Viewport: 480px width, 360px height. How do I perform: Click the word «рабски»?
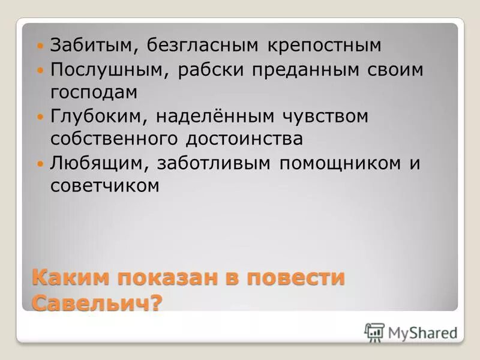tap(212, 70)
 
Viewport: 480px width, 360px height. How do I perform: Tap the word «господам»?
tap(94, 92)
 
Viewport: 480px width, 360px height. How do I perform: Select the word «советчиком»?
tap(105, 185)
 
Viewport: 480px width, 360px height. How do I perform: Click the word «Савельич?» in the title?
tap(97, 301)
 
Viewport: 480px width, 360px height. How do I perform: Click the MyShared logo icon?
tap(374, 332)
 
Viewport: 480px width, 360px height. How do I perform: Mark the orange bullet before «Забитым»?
tap(41, 46)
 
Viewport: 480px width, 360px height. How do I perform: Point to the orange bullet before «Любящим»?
tap(41, 163)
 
